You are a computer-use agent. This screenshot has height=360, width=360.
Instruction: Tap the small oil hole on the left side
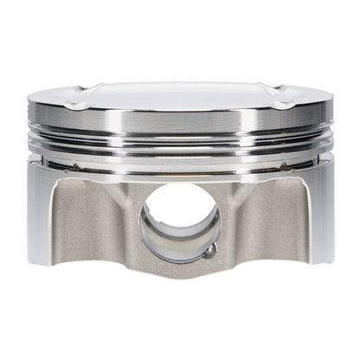pyautogui.click(x=76, y=167)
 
